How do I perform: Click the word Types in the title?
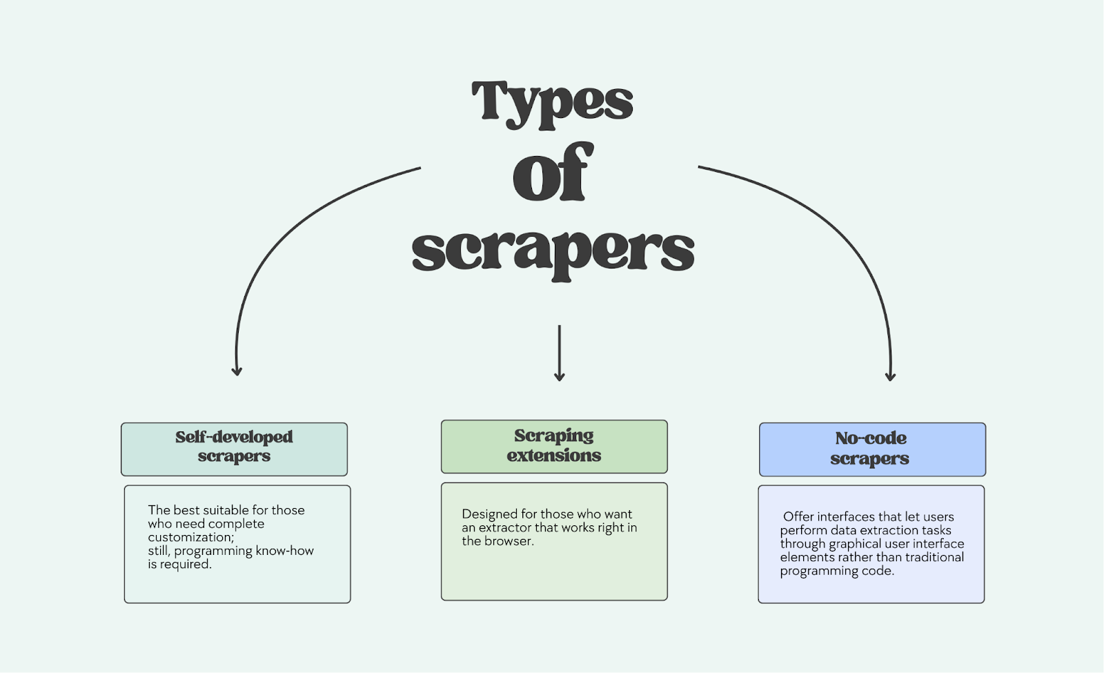(552, 102)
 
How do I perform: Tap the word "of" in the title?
(552, 173)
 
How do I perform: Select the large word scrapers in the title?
(553, 250)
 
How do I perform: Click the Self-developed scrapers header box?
(234, 449)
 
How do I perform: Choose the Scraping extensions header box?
(554, 447)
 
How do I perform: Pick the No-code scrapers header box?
(872, 449)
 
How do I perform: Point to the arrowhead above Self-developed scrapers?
(237, 371)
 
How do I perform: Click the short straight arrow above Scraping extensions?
(560, 352)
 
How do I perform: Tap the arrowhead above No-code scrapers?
(890, 375)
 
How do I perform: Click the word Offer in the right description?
(798, 517)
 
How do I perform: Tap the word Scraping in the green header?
(554, 436)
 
